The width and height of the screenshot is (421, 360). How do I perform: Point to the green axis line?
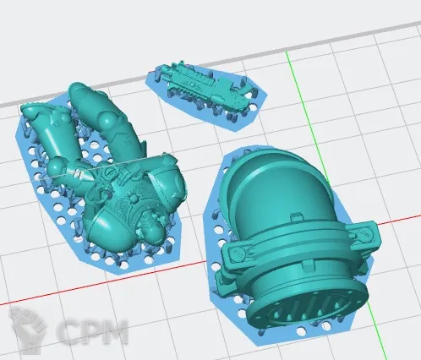[332, 203]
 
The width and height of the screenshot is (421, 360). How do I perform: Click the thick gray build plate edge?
[210, 64]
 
